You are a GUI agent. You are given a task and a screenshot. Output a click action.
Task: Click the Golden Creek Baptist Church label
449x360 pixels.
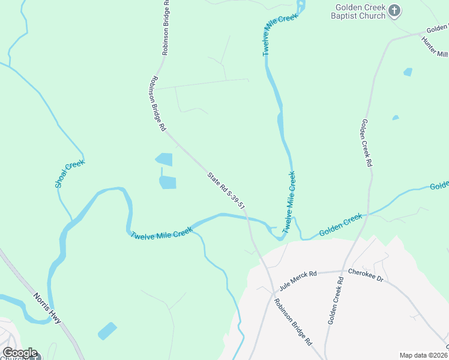[x=360, y=12]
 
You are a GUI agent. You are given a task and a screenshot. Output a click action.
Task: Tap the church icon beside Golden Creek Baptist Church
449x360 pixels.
[x=394, y=11]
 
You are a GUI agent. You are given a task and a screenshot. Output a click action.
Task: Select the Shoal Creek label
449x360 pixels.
[x=70, y=174]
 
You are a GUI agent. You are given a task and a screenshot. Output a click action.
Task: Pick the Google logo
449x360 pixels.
[x=20, y=353]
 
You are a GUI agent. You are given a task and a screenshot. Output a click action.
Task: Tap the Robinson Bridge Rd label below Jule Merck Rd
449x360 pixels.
[x=294, y=322]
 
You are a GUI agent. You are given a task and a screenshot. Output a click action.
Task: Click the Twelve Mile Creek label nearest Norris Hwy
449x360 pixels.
[x=161, y=232]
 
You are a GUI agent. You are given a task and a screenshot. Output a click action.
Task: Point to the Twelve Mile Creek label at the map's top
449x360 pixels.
[x=280, y=35]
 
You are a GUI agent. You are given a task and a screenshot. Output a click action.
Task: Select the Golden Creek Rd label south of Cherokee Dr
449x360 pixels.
[x=335, y=301]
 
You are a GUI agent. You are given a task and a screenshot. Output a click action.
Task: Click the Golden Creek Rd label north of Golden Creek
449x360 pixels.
[x=367, y=143]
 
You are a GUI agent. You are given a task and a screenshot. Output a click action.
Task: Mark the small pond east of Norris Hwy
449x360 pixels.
[x=107, y=331]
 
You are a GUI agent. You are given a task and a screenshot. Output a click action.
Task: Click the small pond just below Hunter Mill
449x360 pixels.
[x=408, y=72]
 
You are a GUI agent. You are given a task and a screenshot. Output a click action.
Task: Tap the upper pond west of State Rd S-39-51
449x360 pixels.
[x=164, y=160]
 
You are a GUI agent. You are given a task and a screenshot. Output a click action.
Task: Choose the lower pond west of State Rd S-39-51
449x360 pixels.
[x=168, y=182]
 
